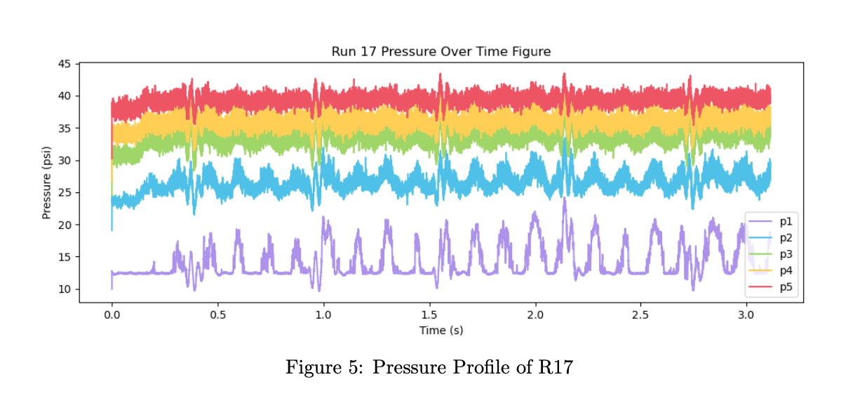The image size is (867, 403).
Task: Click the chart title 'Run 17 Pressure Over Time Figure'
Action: coord(441,51)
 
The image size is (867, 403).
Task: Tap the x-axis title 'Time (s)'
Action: coord(441,330)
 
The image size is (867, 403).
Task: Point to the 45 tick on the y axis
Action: coord(64,64)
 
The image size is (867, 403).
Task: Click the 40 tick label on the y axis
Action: coord(64,96)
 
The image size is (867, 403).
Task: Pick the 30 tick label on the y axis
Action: coord(64,161)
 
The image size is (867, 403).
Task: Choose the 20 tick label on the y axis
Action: coord(64,225)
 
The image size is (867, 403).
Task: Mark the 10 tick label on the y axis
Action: coord(64,289)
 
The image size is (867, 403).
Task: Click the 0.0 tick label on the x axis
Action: coord(112,315)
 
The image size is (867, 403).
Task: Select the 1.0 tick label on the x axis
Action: coord(323,315)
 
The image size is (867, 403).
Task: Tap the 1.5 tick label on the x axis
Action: coord(429,315)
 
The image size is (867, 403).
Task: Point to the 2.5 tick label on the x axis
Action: coord(640,315)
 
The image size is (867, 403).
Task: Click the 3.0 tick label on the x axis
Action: coord(746,315)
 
